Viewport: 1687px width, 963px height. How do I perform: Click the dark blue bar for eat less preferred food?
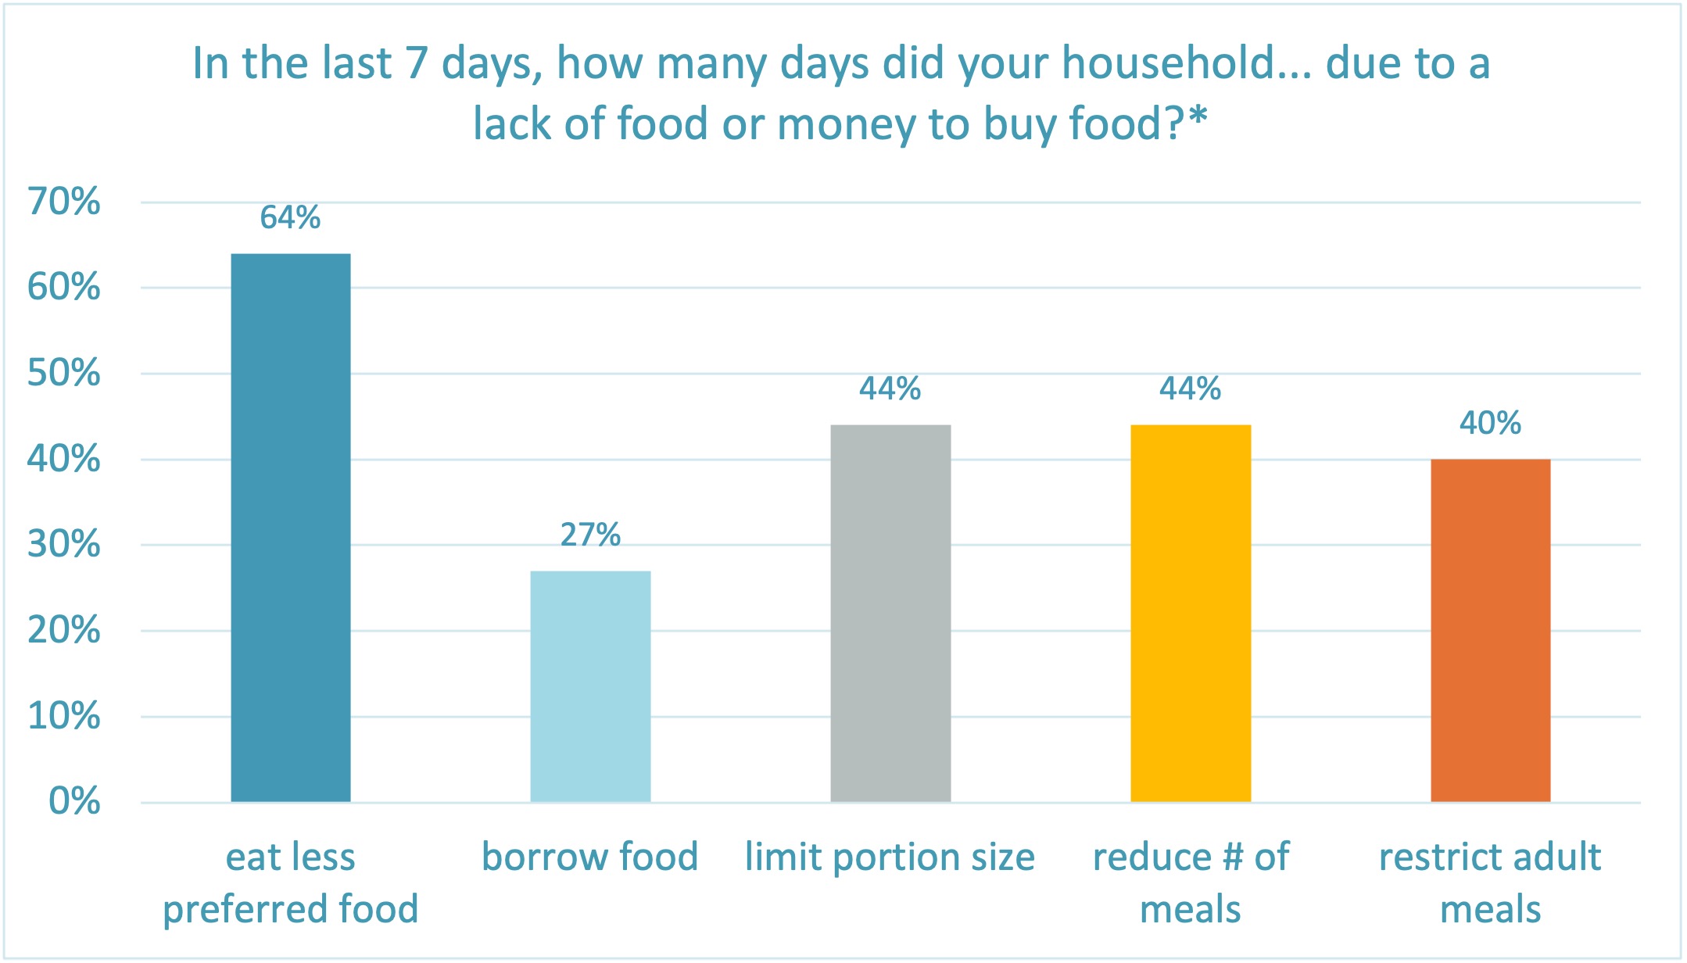(x=291, y=528)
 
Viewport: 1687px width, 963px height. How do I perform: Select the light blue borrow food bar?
(x=590, y=686)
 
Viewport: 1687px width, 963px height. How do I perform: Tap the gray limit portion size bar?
(x=890, y=614)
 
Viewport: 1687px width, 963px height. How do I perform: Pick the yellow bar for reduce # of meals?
(x=1191, y=614)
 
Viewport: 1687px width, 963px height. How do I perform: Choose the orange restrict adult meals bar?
(x=1490, y=630)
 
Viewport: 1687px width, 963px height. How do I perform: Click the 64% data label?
(x=290, y=217)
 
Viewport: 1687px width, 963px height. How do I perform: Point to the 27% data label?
(x=590, y=535)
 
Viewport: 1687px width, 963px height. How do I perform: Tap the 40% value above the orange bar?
(x=1490, y=423)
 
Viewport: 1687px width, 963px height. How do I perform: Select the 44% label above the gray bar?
(x=890, y=388)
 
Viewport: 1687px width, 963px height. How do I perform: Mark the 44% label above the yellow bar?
(x=1190, y=388)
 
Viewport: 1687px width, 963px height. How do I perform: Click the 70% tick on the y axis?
(x=64, y=202)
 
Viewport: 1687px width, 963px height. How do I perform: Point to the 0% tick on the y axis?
(x=74, y=801)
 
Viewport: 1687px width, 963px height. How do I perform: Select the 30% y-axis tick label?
(x=64, y=544)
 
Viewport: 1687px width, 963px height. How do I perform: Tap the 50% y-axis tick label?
(x=64, y=373)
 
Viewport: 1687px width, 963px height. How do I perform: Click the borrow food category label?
(x=590, y=857)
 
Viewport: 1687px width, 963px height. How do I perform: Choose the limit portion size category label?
(x=890, y=857)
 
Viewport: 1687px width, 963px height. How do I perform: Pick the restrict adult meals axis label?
(x=1490, y=882)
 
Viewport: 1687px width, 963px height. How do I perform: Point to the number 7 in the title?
(x=416, y=63)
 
